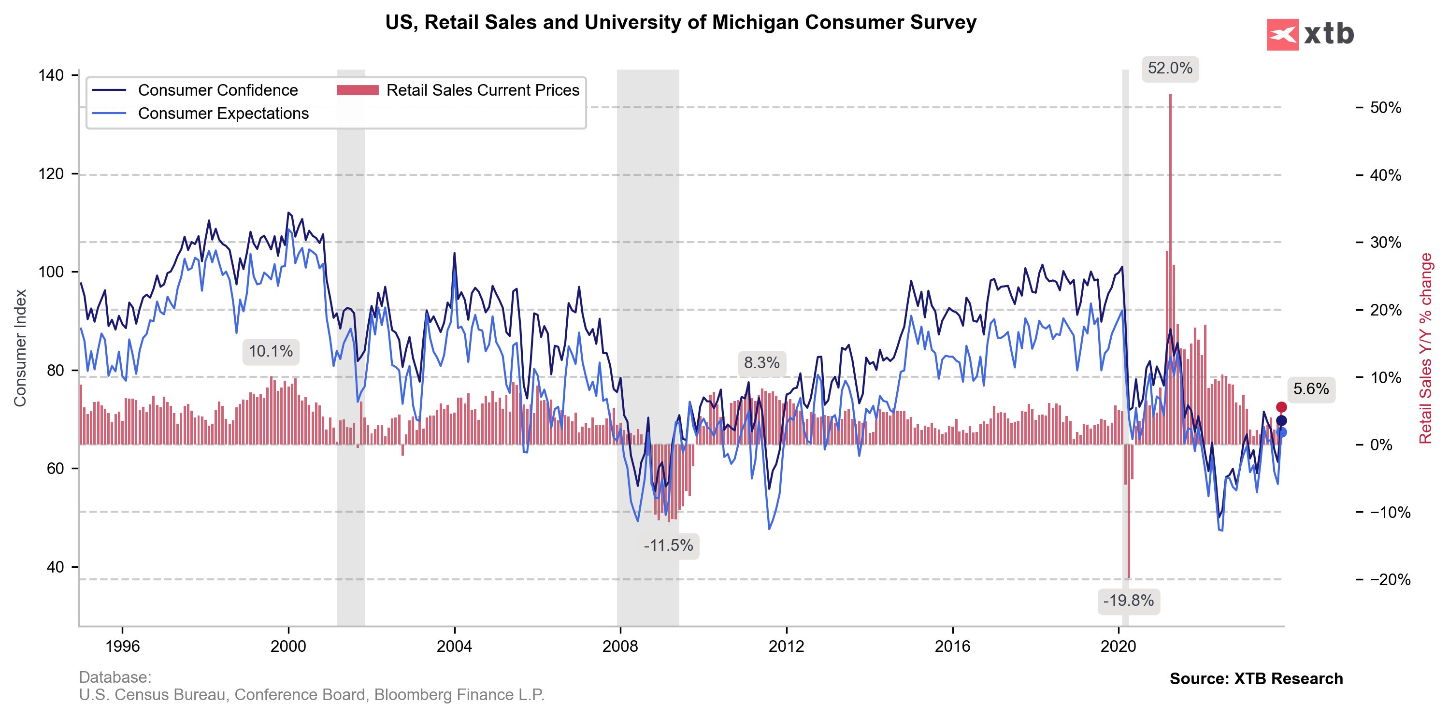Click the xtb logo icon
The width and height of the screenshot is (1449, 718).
(1282, 34)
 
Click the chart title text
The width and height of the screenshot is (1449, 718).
(681, 23)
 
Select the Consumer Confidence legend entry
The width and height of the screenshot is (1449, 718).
(217, 90)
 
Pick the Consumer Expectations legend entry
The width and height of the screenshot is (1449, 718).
(223, 114)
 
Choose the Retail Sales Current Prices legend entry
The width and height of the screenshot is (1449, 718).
(482, 90)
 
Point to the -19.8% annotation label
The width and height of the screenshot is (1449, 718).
(1128, 601)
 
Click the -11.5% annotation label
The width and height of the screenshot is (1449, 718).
(668, 546)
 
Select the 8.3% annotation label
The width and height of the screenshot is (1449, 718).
(761, 363)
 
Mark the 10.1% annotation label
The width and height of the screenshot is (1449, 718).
(271, 352)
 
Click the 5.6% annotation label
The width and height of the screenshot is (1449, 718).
(1311, 389)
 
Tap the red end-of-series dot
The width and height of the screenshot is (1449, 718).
(1281, 407)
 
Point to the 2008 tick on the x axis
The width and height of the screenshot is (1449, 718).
(620, 646)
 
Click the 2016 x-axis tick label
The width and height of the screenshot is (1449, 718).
(952, 646)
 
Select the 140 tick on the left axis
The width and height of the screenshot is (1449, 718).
(51, 75)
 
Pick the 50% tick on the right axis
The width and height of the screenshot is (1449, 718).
(1385, 107)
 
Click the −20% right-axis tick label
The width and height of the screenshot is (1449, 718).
(1390, 580)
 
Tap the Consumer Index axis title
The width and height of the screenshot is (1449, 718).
(20, 348)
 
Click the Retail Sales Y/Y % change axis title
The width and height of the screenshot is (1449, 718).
(1425, 348)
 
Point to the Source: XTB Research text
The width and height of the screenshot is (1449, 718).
(1256, 678)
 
